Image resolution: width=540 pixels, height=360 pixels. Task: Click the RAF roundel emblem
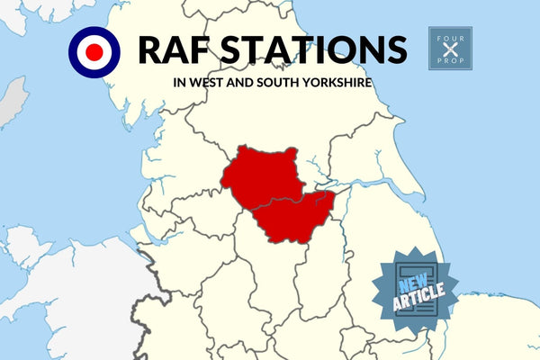click(x=94, y=52)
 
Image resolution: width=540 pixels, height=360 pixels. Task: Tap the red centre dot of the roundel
click(x=94, y=52)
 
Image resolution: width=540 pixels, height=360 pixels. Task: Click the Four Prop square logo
click(x=450, y=49)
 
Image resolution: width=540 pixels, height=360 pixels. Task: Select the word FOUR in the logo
click(x=450, y=33)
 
